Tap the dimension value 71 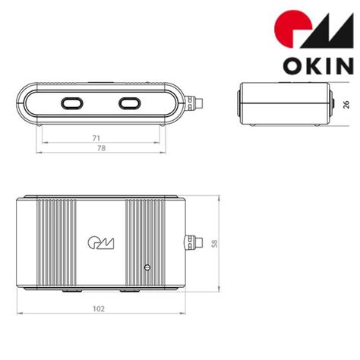coord(96,138)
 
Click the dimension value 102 coord(98,308)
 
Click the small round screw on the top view coord(147,267)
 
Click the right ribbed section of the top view coord(142,235)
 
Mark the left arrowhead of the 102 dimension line coord(19,314)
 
